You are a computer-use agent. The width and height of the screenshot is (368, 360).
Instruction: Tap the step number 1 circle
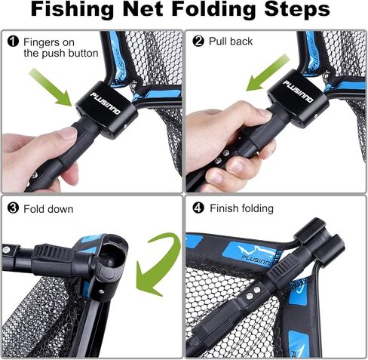point(13,42)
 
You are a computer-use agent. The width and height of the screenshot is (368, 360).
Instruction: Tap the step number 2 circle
point(198,42)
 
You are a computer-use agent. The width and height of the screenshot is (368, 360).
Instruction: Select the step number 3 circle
point(13,208)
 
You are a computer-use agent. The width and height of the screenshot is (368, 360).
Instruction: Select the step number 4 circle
point(198,208)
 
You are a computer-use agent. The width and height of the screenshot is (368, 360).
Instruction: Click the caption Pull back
point(230,42)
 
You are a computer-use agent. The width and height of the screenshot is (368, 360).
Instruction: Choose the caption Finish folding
point(241,208)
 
